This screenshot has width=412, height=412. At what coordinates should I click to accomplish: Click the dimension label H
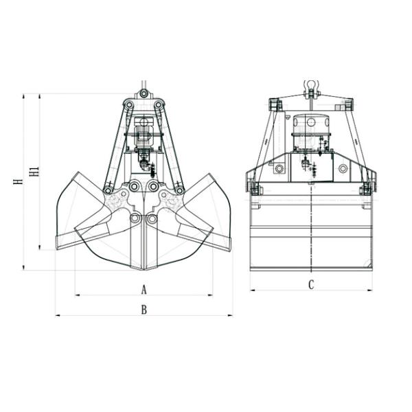19,181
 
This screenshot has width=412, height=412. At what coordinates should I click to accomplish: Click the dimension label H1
34,171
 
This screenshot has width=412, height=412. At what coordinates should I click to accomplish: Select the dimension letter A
144,290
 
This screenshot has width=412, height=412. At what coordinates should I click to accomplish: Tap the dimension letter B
144,310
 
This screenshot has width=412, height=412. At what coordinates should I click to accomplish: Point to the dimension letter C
311,285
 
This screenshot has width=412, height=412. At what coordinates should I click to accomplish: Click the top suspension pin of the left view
144,93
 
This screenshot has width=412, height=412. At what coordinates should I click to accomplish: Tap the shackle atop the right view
311,89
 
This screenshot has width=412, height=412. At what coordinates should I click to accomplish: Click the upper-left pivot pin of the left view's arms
129,105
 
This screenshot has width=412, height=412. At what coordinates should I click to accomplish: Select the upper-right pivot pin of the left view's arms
159,105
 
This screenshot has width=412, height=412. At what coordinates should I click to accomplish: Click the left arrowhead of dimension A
78,295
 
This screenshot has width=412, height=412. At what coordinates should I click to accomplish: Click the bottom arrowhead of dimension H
23,268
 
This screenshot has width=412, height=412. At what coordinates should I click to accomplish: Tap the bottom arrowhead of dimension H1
40,247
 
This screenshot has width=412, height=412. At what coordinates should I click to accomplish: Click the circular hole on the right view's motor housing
311,122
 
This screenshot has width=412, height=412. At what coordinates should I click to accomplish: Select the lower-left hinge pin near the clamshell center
135,218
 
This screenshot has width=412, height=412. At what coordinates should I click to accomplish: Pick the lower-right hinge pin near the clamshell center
152,218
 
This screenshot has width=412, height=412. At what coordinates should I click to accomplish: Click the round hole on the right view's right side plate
343,168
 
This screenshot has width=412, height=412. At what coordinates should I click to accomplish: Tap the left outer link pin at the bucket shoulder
108,190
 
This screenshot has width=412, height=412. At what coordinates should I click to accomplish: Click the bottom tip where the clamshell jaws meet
144,269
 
